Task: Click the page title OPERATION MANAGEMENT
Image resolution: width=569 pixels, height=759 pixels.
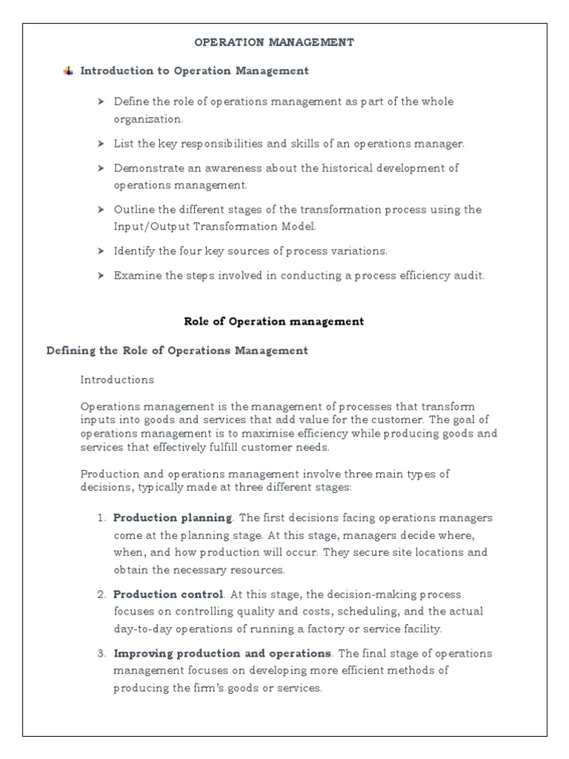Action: coord(274,42)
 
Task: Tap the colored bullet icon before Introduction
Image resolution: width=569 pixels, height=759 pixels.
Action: coord(69,71)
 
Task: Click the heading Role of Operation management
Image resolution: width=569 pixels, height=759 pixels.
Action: coord(273,322)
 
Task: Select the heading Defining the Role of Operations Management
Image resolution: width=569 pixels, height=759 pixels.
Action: coord(177,351)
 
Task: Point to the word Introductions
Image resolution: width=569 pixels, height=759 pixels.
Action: coord(117,379)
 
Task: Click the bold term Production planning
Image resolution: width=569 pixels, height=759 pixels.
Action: coord(173,517)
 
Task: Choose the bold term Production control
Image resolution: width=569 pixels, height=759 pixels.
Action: coord(168,594)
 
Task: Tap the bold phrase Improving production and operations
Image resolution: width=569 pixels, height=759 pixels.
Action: coord(222,654)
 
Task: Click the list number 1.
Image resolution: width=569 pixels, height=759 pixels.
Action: coord(102,517)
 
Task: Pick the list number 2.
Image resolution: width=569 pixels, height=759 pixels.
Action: coord(102,594)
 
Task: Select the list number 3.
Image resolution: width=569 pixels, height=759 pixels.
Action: coord(102,654)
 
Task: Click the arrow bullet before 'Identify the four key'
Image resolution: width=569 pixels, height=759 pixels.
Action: coord(102,251)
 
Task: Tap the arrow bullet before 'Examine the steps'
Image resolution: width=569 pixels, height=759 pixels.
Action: coord(102,276)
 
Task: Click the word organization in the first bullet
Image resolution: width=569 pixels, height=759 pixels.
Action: coord(147,119)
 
